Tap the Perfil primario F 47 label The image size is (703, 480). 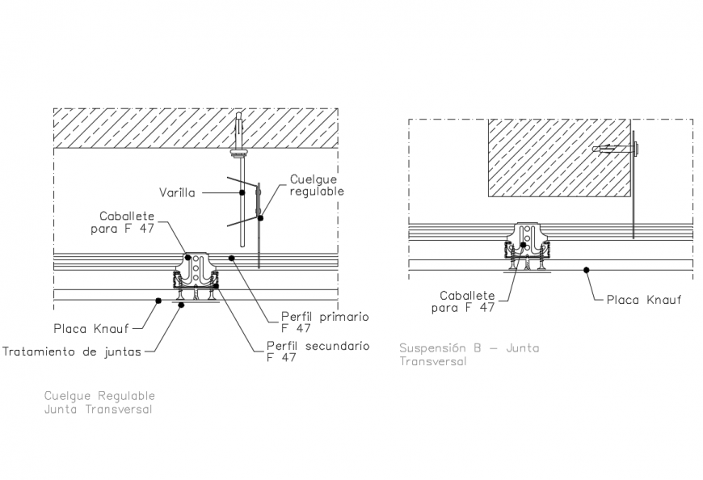324,322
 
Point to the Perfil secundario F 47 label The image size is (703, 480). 317,352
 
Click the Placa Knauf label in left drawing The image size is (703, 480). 91,329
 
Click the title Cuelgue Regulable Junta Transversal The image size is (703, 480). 99,402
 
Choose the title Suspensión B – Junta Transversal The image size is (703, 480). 469,355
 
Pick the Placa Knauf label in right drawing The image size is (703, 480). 643,300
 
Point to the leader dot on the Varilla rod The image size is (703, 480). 242,192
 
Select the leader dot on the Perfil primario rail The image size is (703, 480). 230,258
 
